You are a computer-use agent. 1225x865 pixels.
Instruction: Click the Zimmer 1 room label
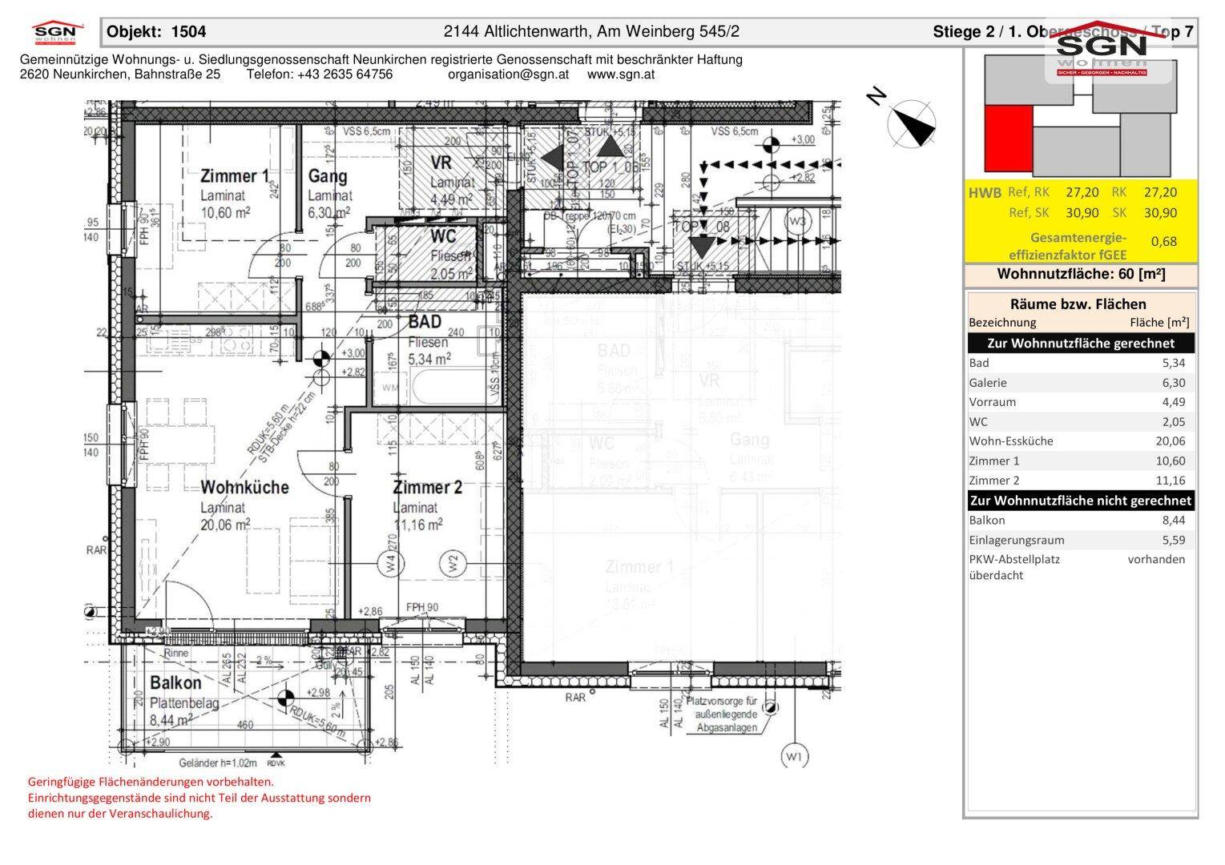click(234, 176)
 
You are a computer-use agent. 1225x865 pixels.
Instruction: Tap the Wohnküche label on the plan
click(244, 487)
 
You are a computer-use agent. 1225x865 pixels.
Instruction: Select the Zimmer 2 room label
click(427, 487)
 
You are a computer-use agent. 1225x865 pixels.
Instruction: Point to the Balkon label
click(176, 683)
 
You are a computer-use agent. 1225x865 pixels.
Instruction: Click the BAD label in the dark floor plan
click(425, 322)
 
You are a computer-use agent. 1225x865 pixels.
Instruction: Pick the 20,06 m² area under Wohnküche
click(225, 524)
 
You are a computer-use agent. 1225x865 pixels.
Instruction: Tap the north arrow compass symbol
click(912, 124)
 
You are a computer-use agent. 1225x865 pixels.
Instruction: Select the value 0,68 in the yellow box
click(1163, 241)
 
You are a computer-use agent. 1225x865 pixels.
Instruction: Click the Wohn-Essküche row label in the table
click(1011, 441)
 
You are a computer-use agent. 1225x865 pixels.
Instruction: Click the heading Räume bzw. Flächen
click(1078, 304)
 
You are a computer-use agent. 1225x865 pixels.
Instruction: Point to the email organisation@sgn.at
click(508, 74)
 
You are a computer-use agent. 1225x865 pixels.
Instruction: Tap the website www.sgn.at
click(621, 74)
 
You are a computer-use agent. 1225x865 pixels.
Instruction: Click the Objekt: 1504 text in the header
click(156, 32)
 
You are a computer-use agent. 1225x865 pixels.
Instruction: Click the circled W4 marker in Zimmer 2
click(390, 563)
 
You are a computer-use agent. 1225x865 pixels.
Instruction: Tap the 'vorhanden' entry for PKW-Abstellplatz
click(1156, 559)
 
